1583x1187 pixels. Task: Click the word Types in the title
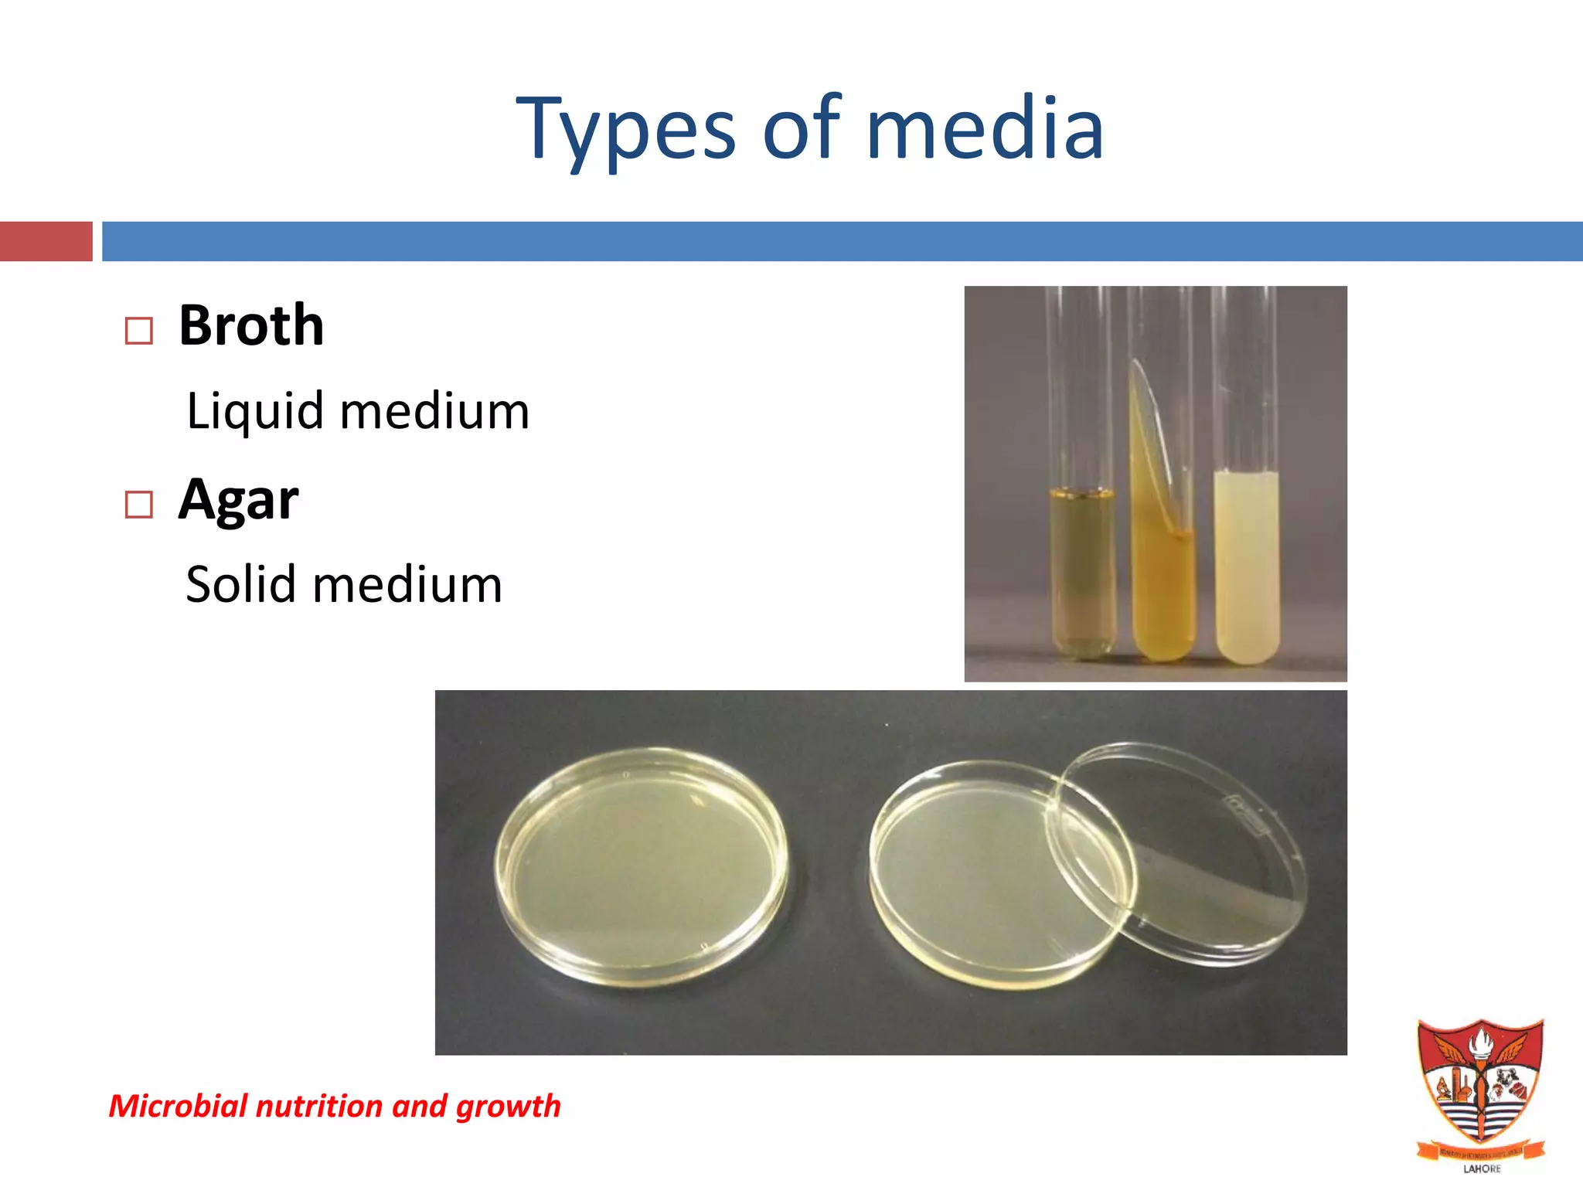[626, 130]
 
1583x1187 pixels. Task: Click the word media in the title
[985, 130]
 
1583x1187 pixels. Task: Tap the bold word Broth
[251, 325]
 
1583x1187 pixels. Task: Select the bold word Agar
[238, 500]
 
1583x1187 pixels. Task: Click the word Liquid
[255, 410]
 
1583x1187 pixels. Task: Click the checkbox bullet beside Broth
[139, 332]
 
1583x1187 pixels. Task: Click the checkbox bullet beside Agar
[139, 505]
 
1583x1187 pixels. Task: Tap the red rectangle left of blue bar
[46, 241]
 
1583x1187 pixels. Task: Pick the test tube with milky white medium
[1246, 564]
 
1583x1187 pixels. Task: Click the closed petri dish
[642, 866]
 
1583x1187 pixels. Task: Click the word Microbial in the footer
[178, 1106]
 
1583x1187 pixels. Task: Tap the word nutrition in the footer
[319, 1106]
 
